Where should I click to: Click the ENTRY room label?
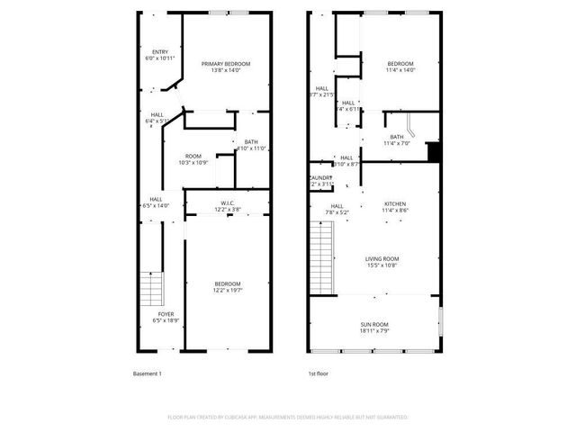(160, 52)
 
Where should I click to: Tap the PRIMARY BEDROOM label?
(226, 64)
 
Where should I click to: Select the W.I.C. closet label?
(228, 203)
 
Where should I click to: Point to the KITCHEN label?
(396, 204)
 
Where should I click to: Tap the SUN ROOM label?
(374, 325)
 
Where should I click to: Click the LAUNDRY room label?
(321, 177)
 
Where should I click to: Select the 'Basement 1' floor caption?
(147, 373)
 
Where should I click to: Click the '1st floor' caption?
(318, 373)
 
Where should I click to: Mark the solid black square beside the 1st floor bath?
(433, 152)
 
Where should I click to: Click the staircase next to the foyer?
(150, 290)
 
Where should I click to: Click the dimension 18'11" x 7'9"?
(374, 332)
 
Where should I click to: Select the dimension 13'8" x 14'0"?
(226, 71)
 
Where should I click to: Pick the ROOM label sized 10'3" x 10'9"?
(193, 157)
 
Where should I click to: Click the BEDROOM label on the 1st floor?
(400, 64)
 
